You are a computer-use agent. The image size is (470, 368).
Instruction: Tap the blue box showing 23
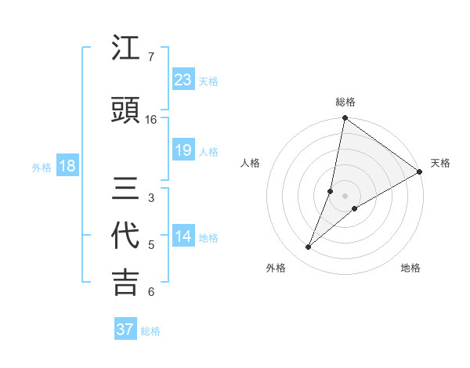(x=183, y=79)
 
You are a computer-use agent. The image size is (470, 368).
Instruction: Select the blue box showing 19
(x=183, y=150)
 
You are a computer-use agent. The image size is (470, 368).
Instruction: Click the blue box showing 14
(x=183, y=237)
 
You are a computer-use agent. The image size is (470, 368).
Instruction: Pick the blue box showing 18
(x=67, y=166)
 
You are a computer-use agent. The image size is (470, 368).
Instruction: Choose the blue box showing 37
(x=125, y=330)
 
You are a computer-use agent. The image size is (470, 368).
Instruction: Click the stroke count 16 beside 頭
(x=151, y=120)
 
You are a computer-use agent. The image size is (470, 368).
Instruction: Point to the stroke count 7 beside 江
(x=150, y=57)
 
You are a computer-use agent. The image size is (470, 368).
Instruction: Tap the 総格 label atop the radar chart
(x=345, y=102)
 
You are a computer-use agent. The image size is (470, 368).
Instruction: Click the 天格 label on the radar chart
(x=440, y=163)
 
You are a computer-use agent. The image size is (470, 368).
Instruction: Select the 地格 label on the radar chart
(x=410, y=268)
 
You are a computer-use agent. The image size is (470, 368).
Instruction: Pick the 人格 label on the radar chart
(x=250, y=163)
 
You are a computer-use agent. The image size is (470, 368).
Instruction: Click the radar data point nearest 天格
(x=419, y=172)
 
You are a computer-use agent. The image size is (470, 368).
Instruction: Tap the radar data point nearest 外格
(x=309, y=247)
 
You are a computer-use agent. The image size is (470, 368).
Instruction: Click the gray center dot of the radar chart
(x=345, y=196)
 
